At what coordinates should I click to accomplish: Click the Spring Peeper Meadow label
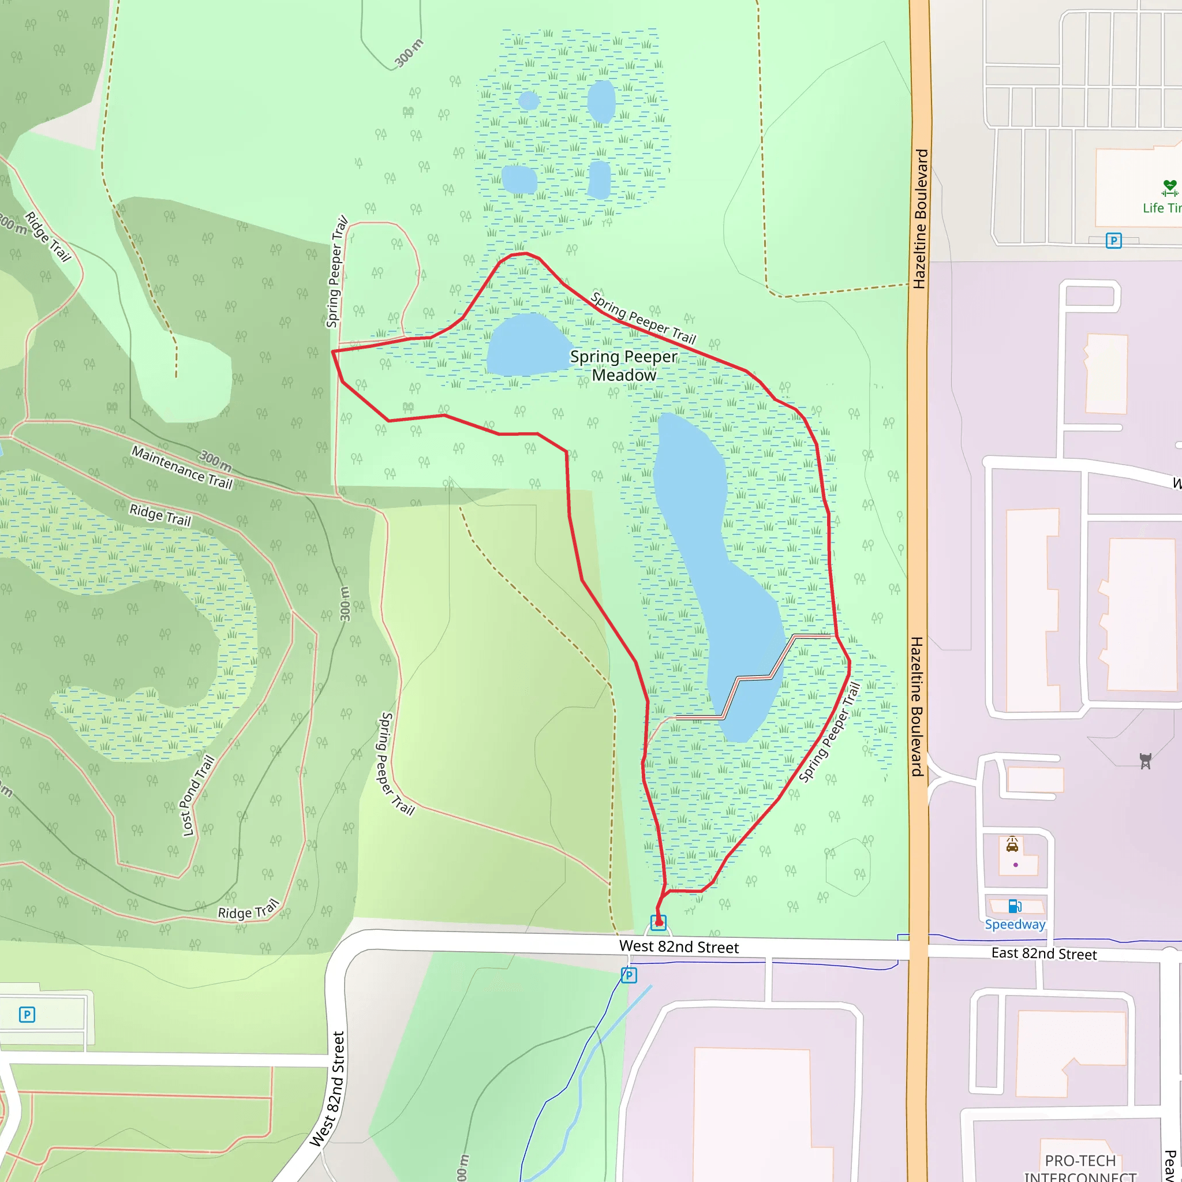(623, 365)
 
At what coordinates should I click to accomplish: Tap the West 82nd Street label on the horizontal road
(679, 947)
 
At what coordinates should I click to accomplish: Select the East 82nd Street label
(1043, 953)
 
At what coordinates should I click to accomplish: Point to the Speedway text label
(1015, 925)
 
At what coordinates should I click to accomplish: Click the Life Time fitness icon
(1169, 187)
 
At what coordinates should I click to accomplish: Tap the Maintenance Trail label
(182, 467)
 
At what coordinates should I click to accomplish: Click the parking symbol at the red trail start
(659, 923)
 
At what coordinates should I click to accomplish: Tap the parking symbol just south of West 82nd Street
(629, 975)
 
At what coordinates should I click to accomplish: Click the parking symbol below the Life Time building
(1113, 241)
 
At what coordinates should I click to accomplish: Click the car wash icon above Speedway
(1012, 846)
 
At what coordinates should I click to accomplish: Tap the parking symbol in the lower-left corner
(27, 1015)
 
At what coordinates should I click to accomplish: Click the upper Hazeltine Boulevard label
(920, 218)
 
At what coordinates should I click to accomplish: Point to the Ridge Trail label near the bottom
(248, 911)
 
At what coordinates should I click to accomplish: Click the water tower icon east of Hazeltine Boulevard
(1145, 761)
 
